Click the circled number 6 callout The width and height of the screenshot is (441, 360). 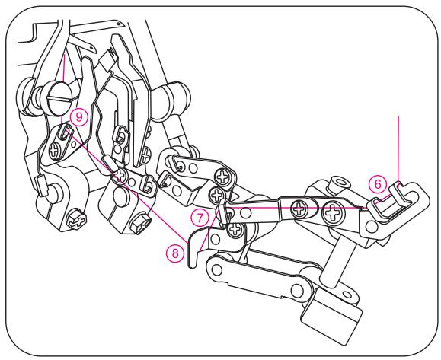point(378,184)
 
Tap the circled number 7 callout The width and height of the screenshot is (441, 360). point(200,218)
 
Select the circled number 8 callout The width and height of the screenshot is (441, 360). point(175,253)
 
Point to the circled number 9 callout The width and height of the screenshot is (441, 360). point(79,117)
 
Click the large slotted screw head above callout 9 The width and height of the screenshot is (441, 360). point(59,97)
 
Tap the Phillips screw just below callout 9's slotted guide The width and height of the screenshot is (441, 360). point(54,151)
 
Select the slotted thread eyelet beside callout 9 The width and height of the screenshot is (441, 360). point(65,132)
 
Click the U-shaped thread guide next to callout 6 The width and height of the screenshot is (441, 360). point(389,201)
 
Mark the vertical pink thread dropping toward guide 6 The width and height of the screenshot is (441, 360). point(398,148)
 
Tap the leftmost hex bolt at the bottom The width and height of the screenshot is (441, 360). point(76,220)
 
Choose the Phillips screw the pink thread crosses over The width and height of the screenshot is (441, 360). point(120,175)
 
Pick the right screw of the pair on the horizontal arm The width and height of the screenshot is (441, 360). point(334,212)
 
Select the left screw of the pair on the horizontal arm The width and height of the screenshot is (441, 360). point(300,209)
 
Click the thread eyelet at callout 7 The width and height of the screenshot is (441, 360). point(224,212)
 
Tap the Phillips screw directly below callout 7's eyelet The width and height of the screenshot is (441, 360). point(235,229)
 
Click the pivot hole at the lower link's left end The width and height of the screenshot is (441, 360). point(216,270)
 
